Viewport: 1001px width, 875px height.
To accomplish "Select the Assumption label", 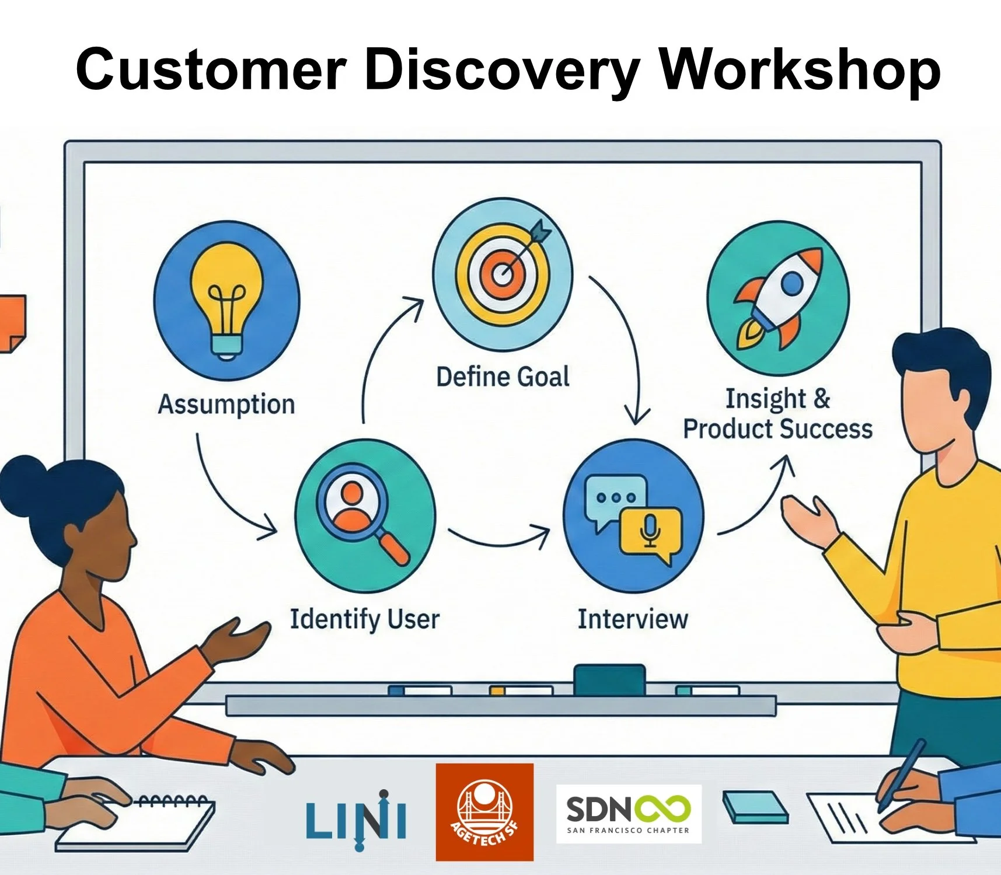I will [226, 404].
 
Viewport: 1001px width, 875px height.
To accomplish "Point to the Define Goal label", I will [503, 377].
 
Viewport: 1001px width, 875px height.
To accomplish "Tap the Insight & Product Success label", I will [777, 414].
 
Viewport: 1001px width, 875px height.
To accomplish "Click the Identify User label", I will [365, 619].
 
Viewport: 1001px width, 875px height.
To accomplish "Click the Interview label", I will [633, 619].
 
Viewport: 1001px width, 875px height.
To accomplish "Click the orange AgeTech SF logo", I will [484, 812].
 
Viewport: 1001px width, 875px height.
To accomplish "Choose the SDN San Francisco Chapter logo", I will [629, 814].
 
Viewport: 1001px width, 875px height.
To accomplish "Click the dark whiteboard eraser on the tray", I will [609, 679].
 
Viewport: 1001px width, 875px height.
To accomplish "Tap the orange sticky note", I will [12, 323].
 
